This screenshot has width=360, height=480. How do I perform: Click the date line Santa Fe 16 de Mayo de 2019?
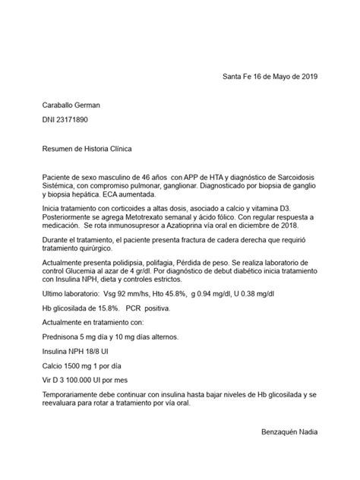coord(270,77)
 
